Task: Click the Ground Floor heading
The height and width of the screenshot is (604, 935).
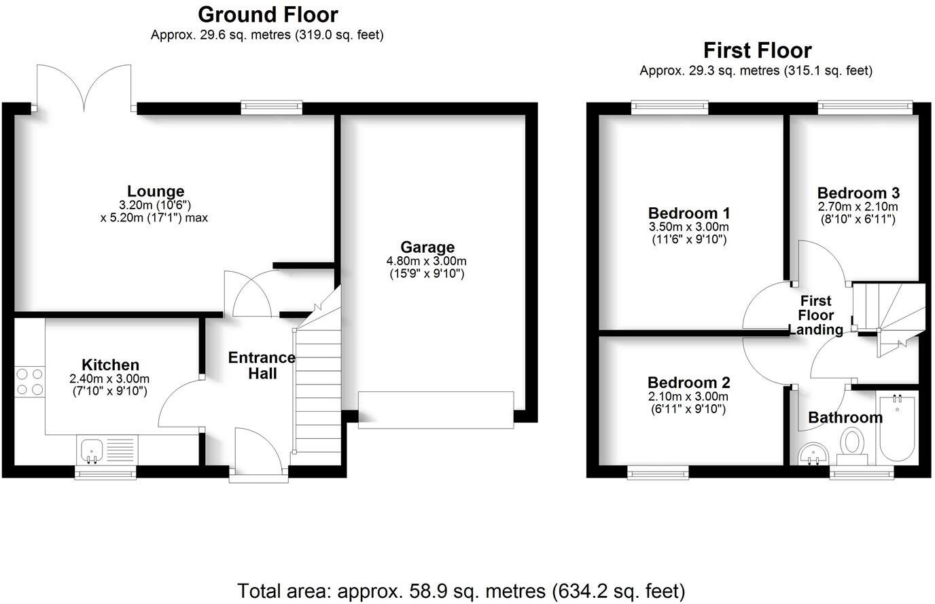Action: [267, 14]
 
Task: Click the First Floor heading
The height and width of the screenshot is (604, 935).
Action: [756, 50]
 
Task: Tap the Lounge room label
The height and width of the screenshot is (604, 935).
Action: [156, 192]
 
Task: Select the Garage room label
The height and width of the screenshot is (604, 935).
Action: [427, 247]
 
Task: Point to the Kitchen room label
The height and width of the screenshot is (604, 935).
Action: [110, 365]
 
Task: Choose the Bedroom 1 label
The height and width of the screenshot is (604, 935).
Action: [688, 213]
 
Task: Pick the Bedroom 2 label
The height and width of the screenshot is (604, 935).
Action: [688, 382]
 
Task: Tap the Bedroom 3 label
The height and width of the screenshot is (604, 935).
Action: [858, 192]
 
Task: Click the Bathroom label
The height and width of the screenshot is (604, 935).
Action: [845, 417]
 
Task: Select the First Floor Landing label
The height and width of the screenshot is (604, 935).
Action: [815, 315]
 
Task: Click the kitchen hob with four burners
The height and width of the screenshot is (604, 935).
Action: [29, 381]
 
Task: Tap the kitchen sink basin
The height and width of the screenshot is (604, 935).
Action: [90, 449]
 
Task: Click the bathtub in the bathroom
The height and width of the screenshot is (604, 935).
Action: [898, 428]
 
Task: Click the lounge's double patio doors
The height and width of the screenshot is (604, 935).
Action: [84, 88]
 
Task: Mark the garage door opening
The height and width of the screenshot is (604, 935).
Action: [436, 410]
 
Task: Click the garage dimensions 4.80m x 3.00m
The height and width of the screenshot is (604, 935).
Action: [427, 261]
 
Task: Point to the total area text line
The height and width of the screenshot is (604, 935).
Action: [461, 589]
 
